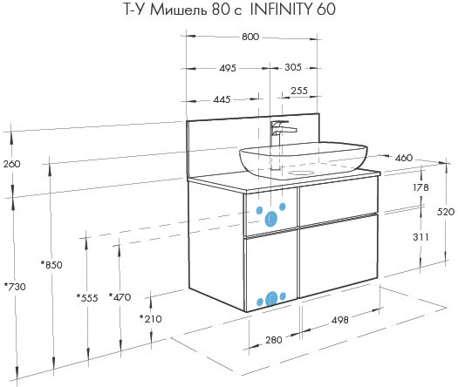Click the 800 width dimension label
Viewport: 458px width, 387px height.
click(250, 37)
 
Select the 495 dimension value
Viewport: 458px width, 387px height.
click(228, 68)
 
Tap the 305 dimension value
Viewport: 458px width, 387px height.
click(293, 67)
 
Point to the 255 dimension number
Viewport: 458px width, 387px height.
click(299, 91)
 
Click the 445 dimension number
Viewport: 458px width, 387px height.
click(222, 99)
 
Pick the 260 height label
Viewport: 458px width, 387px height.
click(12, 164)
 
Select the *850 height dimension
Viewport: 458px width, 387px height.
click(51, 265)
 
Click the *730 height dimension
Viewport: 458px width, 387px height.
click(15, 287)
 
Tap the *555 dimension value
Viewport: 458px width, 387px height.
click(87, 298)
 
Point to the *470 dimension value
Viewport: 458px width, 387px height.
click(120, 297)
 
